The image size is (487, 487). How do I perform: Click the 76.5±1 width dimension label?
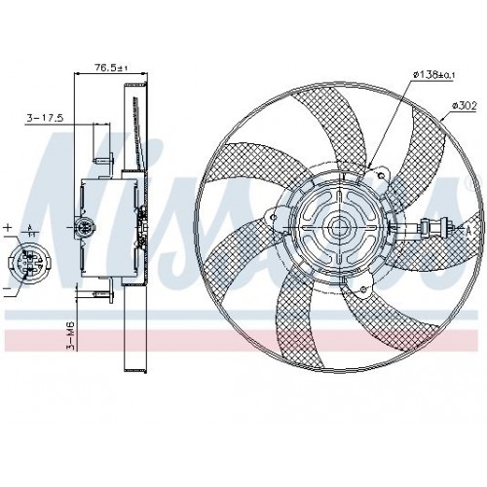coord(109,67)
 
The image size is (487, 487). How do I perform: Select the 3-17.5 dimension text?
coord(45,118)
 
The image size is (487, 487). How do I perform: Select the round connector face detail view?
coord(26,261)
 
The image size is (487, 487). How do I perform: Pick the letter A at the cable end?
coord(468,230)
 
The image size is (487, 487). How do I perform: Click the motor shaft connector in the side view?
coord(86,230)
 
